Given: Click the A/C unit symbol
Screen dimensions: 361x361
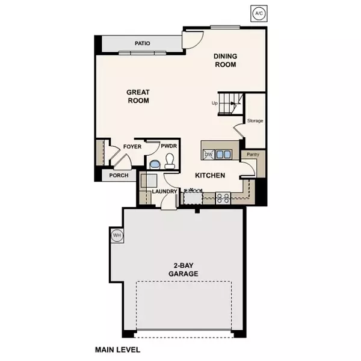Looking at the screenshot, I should (x=258, y=13).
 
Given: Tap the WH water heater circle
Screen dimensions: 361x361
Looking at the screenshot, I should (x=117, y=236).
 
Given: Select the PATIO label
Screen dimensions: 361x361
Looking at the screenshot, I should (x=142, y=43).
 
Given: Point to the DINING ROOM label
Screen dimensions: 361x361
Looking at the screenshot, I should (x=226, y=60).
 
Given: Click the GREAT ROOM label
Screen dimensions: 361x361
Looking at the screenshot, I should (x=138, y=97).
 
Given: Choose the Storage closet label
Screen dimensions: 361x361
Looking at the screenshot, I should (x=256, y=121).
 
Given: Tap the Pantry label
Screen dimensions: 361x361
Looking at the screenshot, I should (x=249, y=155).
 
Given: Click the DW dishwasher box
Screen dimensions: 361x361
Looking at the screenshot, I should (x=208, y=154).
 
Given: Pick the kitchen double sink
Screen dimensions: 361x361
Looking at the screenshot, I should (x=224, y=154).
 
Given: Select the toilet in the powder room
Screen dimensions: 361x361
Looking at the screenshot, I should (x=169, y=161).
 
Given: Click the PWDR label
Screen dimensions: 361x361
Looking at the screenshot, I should (x=168, y=147).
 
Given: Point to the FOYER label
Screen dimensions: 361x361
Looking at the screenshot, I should (x=132, y=147).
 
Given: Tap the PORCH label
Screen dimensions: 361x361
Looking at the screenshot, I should (x=118, y=176).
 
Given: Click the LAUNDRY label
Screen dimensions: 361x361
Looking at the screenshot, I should (x=164, y=191).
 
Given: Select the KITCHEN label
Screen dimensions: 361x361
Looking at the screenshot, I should (x=210, y=176).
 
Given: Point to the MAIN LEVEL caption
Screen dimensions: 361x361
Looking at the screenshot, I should (x=121, y=348).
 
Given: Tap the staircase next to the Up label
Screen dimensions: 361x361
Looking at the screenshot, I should (x=231, y=104).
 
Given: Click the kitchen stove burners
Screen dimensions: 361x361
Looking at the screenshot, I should (x=223, y=196).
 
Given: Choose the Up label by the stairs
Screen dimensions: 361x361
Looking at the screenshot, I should (x=214, y=103).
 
